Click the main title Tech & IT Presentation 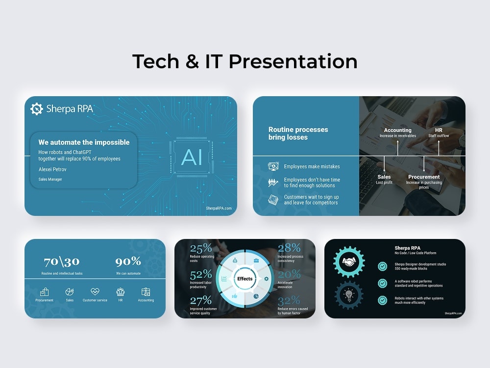click(245, 61)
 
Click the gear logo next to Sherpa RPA click(37, 109)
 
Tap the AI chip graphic click(191, 157)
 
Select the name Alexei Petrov click(52, 169)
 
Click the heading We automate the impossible click(84, 142)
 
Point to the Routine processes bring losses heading click(298, 133)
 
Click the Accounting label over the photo click(397, 130)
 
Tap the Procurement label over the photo click(424, 177)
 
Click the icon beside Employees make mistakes click(273, 166)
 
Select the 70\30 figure click(61, 262)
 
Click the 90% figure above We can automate click(128, 262)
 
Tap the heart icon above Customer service click(95, 291)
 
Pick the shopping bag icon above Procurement click(44, 292)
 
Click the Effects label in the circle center click(245, 279)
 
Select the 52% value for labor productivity click(200, 274)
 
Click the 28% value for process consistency click(289, 248)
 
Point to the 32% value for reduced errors click(289, 300)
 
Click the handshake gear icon click(349, 262)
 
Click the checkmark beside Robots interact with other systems click(382, 300)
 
